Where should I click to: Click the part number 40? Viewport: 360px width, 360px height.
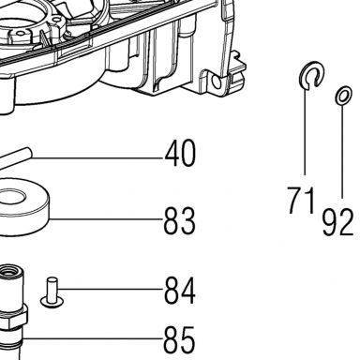(x=180, y=154)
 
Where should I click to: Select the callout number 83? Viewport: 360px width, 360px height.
(x=180, y=220)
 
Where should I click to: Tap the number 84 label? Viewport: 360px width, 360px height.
(x=180, y=291)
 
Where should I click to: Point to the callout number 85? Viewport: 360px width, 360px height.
(x=179, y=339)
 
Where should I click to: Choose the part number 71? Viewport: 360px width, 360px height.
(x=300, y=201)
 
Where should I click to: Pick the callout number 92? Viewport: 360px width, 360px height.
(x=337, y=222)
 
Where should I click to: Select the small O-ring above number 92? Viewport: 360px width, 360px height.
(x=344, y=95)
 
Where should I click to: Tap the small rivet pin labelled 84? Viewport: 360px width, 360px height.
(x=52, y=292)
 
